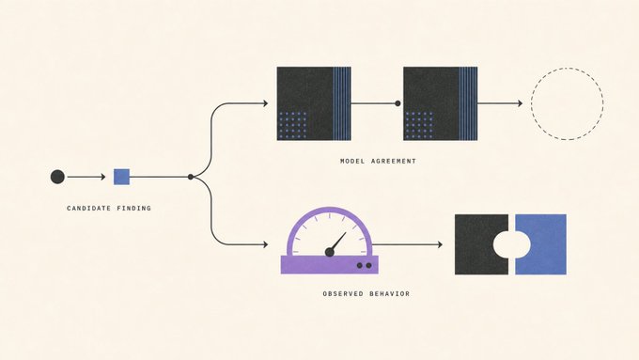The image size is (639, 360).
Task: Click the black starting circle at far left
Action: [57, 177]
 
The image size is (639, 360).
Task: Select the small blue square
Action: [121, 177]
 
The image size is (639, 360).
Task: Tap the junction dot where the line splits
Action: [191, 177]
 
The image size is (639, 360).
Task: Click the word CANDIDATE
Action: [89, 209]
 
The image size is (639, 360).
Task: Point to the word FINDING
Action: [134, 209]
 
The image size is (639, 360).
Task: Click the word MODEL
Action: [352, 161]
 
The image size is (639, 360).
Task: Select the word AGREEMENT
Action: [394, 161]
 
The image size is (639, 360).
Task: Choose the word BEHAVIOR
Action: [390, 293]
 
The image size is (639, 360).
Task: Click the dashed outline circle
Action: [532, 103]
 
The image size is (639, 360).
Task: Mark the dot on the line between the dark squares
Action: [397, 103]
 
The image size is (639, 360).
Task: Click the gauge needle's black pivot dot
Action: [330, 252]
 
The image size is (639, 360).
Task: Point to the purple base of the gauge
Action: [330, 265]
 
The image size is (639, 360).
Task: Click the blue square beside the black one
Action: [546, 244]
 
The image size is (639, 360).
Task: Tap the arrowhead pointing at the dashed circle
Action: [520, 103]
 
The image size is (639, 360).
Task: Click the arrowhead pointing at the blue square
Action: [103, 177]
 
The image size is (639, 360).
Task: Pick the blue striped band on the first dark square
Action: [342, 103]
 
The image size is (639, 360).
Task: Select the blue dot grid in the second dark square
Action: [420, 125]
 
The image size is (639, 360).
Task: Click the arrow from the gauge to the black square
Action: [407, 244]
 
